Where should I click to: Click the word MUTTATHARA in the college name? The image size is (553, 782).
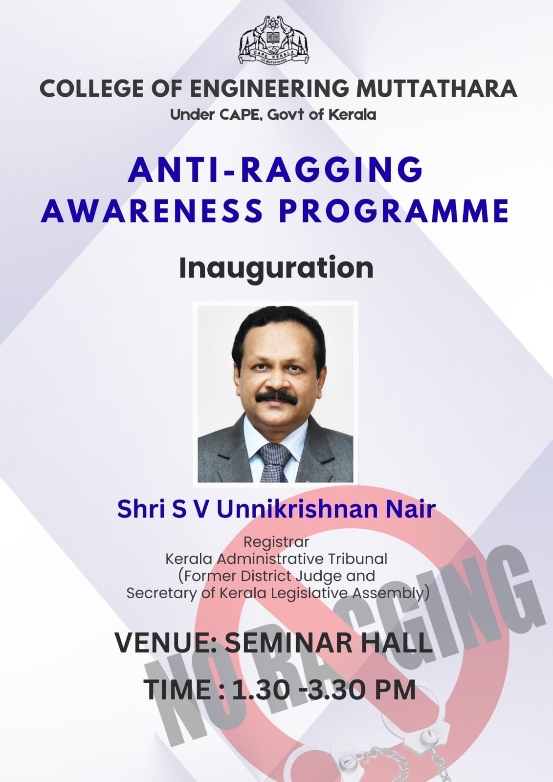pyautogui.click(x=436, y=88)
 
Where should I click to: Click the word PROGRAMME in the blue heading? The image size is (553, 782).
pyautogui.click(x=394, y=211)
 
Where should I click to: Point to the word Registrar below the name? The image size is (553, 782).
pyautogui.click(x=276, y=542)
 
